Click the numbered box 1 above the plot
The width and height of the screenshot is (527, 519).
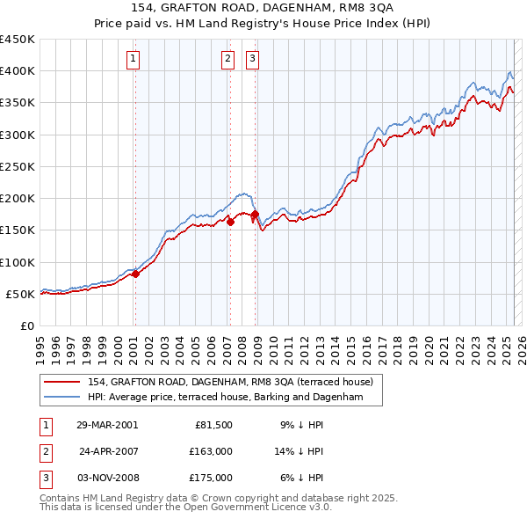(x=133, y=59)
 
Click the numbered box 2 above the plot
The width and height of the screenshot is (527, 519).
(x=227, y=59)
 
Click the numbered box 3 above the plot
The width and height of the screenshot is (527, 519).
(x=252, y=59)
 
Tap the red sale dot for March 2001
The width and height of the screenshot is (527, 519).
(x=136, y=274)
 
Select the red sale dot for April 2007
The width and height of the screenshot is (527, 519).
(x=230, y=223)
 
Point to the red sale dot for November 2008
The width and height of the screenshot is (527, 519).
(x=255, y=215)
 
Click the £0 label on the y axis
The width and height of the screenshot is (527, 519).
(x=27, y=326)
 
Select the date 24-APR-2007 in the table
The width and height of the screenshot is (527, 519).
(x=109, y=451)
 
